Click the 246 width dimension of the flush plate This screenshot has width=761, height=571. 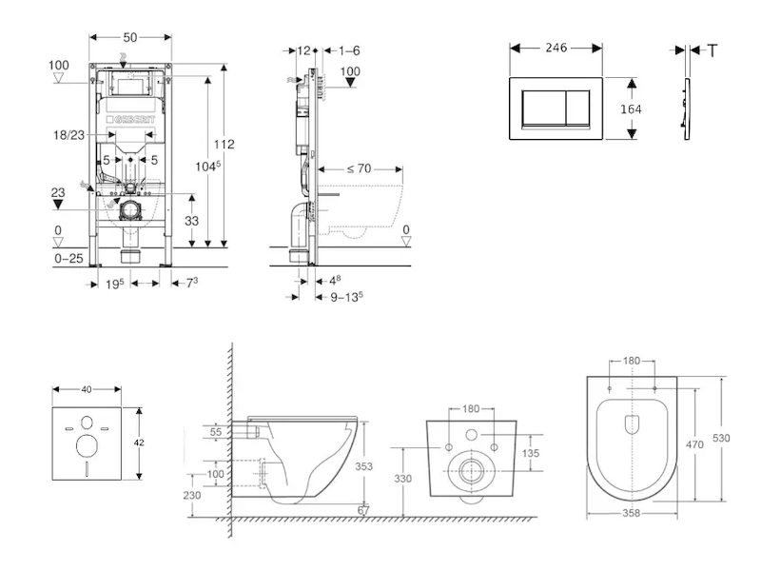point(556,46)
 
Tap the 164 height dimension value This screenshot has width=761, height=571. point(630,109)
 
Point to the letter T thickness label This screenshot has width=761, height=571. point(712,49)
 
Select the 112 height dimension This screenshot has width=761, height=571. point(224,145)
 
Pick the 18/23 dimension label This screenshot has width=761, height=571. point(70,137)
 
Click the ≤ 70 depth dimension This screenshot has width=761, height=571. point(359,168)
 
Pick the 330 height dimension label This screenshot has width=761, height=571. point(403,479)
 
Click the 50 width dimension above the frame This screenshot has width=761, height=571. point(130,36)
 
